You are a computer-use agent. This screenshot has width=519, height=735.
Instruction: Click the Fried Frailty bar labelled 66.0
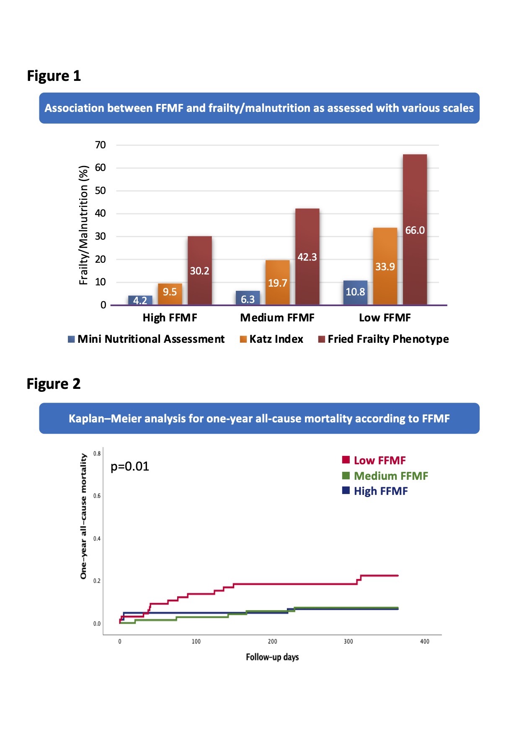415,229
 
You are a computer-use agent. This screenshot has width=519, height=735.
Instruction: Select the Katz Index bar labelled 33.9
385,266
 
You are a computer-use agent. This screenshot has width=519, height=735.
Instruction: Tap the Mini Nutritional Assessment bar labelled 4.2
140,300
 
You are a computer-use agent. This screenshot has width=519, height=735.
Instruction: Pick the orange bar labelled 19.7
277,282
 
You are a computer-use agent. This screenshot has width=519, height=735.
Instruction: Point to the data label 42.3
307,257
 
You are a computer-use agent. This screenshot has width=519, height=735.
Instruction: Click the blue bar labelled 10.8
355,292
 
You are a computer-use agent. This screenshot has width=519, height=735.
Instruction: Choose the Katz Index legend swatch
243,339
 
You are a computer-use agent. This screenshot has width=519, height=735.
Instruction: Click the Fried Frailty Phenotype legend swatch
322,339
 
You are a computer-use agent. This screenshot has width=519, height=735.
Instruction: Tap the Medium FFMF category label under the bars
277,318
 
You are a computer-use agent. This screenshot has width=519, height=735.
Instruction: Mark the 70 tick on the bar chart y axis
101,145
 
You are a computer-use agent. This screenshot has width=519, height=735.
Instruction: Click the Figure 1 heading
54,76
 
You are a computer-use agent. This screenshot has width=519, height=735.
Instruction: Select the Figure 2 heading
54,384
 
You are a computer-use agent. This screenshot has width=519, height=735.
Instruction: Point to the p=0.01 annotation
130,466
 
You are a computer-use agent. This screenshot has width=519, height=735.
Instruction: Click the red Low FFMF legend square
346,460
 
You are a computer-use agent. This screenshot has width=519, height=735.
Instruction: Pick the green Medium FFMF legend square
346,475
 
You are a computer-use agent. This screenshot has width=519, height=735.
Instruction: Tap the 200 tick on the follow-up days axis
272,642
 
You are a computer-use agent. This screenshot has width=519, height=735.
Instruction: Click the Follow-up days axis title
272,657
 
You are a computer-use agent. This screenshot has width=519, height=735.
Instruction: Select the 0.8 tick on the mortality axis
97,453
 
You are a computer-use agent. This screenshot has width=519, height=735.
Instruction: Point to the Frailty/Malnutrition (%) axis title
84,225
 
